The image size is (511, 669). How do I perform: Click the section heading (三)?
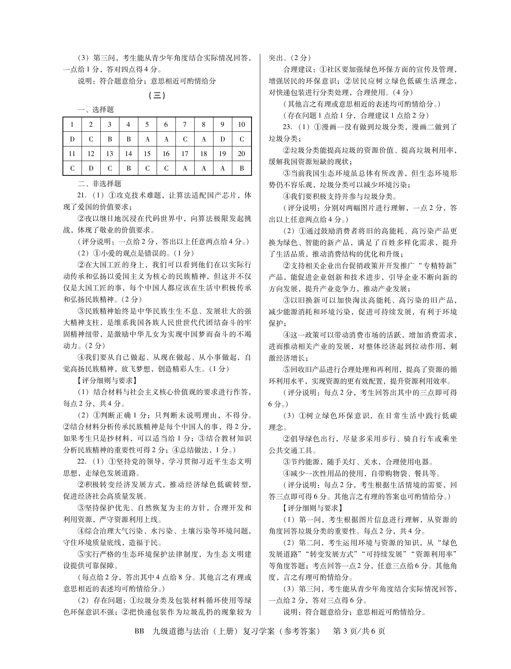click(x=157, y=95)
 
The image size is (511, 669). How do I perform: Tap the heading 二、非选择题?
click(x=99, y=184)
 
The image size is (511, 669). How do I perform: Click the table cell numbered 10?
click(x=241, y=124)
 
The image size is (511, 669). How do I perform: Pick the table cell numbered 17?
click(x=185, y=154)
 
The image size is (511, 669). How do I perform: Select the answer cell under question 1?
click(x=72, y=139)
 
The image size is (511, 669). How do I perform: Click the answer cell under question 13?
click(x=110, y=168)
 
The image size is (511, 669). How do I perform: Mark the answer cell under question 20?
click(x=241, y=168)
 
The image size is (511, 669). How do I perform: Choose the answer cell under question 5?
click(x=147, y=139)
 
